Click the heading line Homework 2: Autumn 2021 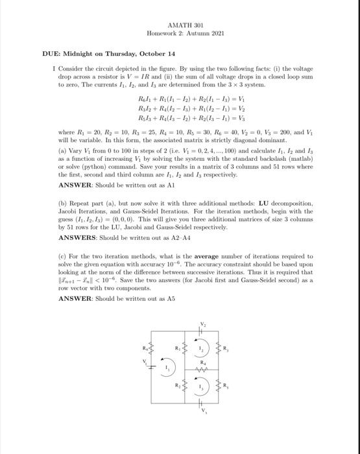[x=180, y=33]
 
